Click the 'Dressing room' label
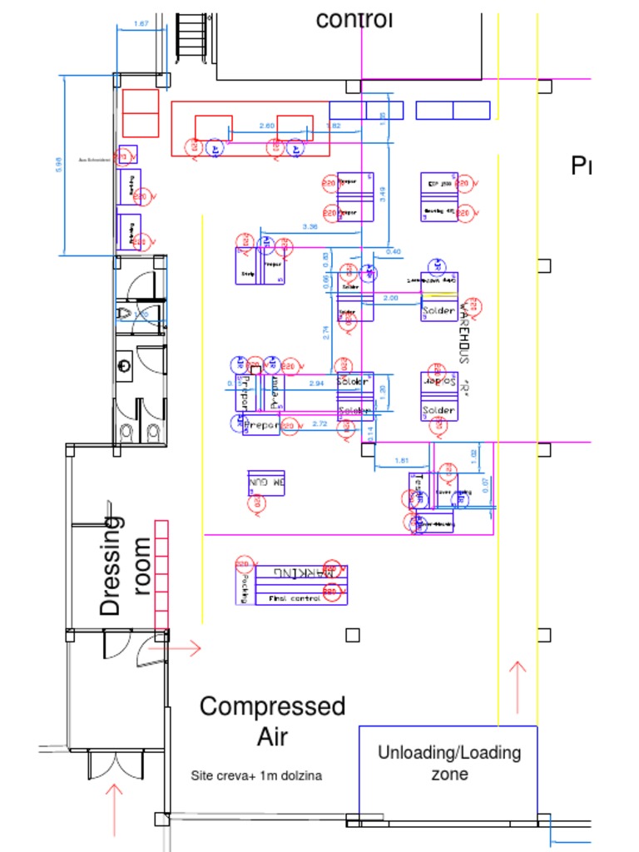coord(125,566)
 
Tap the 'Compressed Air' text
coord(272,721)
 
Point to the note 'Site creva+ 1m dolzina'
coord(256,775)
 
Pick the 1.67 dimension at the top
coord(141,24)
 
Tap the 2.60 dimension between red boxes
coord(266,126)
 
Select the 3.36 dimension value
coord(310,226)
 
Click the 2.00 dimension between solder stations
coord(390,298)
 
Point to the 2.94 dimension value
coord(316,383)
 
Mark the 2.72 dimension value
coord(319,424)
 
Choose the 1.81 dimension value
coord(401,460)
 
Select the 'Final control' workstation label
coord(294,598)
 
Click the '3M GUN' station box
coord(266,483)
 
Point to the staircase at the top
coord(191,35)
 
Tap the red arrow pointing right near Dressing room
coord(185,648)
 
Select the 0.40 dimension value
coord(393,251)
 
